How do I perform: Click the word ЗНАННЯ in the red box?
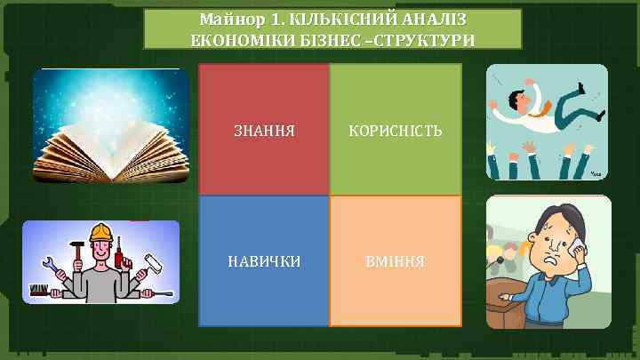point(263,131)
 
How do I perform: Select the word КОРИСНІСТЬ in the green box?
point(396,131)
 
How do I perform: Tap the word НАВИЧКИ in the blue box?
point(263,261)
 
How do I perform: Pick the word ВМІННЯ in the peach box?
point(396,261)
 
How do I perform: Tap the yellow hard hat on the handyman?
point(100,234)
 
